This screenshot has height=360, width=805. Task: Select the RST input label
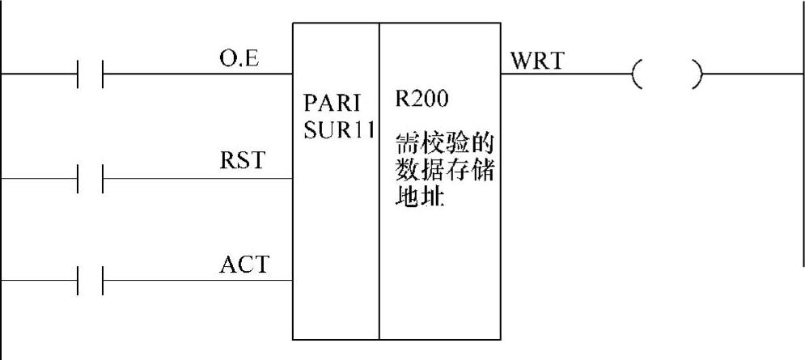pos(241,161)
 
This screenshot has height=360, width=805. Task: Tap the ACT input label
pos(243,264)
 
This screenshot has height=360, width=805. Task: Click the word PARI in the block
pos(329,106)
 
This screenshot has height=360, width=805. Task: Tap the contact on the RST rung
pos(90,179)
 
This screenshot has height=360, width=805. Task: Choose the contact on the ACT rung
pos(90,282)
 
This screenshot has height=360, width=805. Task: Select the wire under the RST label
pos(202,179)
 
